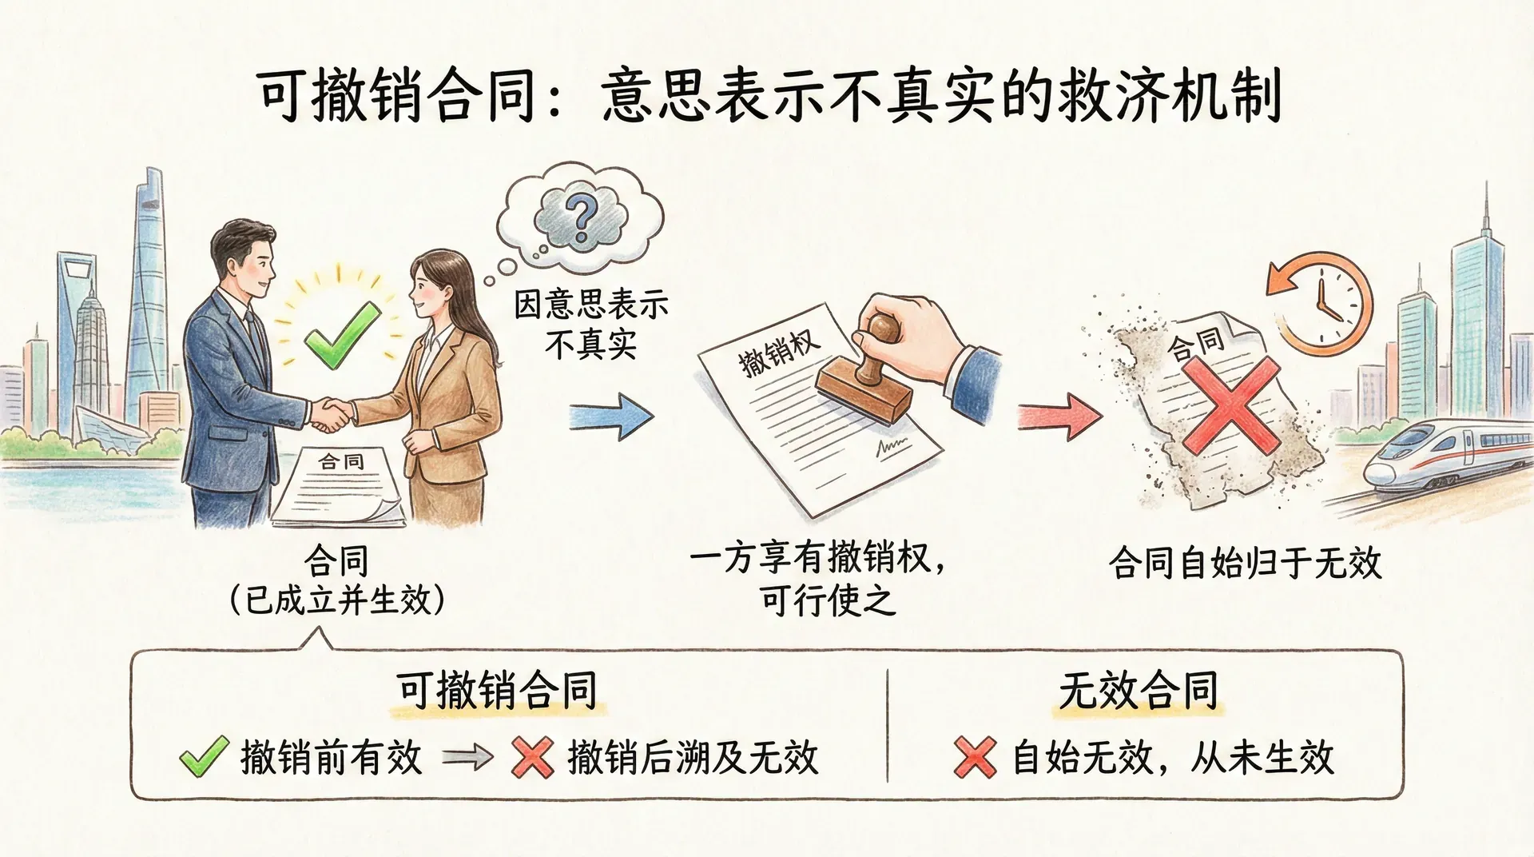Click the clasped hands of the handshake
point(331,414)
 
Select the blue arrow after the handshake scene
point(611,417)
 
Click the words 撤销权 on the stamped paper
point(778,352)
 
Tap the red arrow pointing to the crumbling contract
point(1059,416)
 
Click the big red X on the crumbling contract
point(1230,404)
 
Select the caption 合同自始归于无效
point(1245,563)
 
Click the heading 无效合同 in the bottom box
point(1139,690)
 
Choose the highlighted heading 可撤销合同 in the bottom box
point(497,690)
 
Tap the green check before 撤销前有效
point(204,756)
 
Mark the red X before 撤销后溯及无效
point(533,756)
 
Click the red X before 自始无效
point(975,756)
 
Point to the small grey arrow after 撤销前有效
point(467,756)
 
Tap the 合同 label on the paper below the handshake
point(341,461)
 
